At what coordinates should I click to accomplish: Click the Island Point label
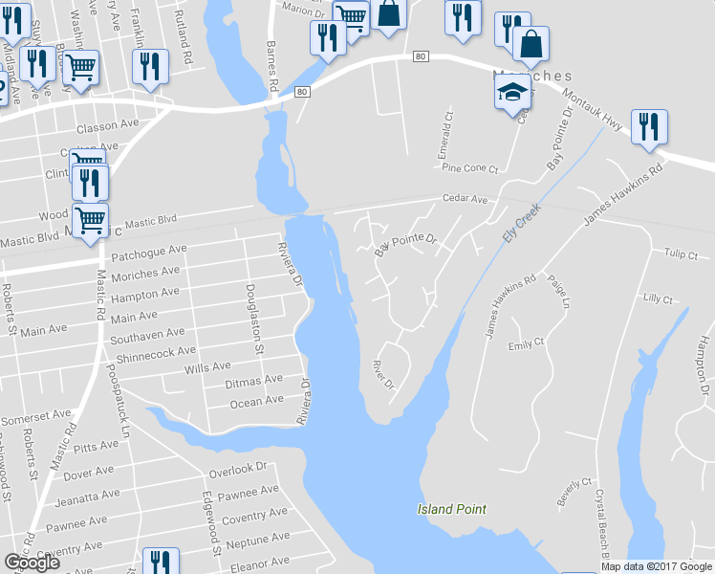pos(452,509)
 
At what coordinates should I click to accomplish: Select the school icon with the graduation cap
pos(511,93)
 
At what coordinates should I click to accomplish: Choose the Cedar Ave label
pos(465,199)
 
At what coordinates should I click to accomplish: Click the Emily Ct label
pos(526,343)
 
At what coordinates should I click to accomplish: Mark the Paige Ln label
pos(559,292)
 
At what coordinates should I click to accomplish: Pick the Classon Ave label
pos(108,126)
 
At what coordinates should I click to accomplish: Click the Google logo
pos(32,563)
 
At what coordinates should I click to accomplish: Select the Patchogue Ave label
pos(149,251)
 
